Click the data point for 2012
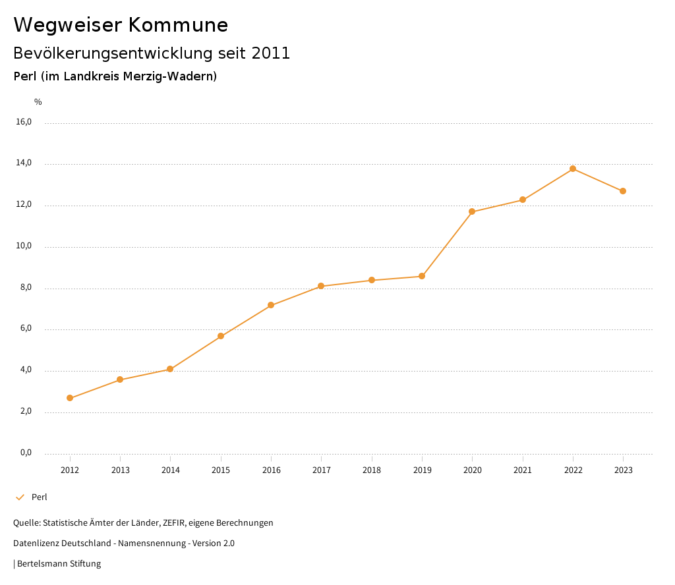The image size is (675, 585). click(70, 398)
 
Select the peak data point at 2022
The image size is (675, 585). click(573, 169)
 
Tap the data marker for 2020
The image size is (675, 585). click(472, 211)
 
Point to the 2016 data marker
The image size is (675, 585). click(271, 305)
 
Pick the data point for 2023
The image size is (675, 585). click(623, 191)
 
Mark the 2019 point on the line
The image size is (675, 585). click(422, 276)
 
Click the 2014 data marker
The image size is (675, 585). click(170, 369)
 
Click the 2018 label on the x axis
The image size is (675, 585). click(372, 470)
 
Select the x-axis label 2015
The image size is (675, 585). click(221, 470)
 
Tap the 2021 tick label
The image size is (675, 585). click(523, 470)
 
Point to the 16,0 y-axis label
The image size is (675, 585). click(24, 122)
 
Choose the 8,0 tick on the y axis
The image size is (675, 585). click(26, 288)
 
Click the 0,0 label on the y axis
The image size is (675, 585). click(26, 453)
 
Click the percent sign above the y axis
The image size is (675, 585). click(38, 102)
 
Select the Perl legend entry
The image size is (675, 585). click(39, 497)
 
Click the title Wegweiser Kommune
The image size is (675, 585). click(121, 25)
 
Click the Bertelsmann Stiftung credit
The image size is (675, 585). click(59, 564)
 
